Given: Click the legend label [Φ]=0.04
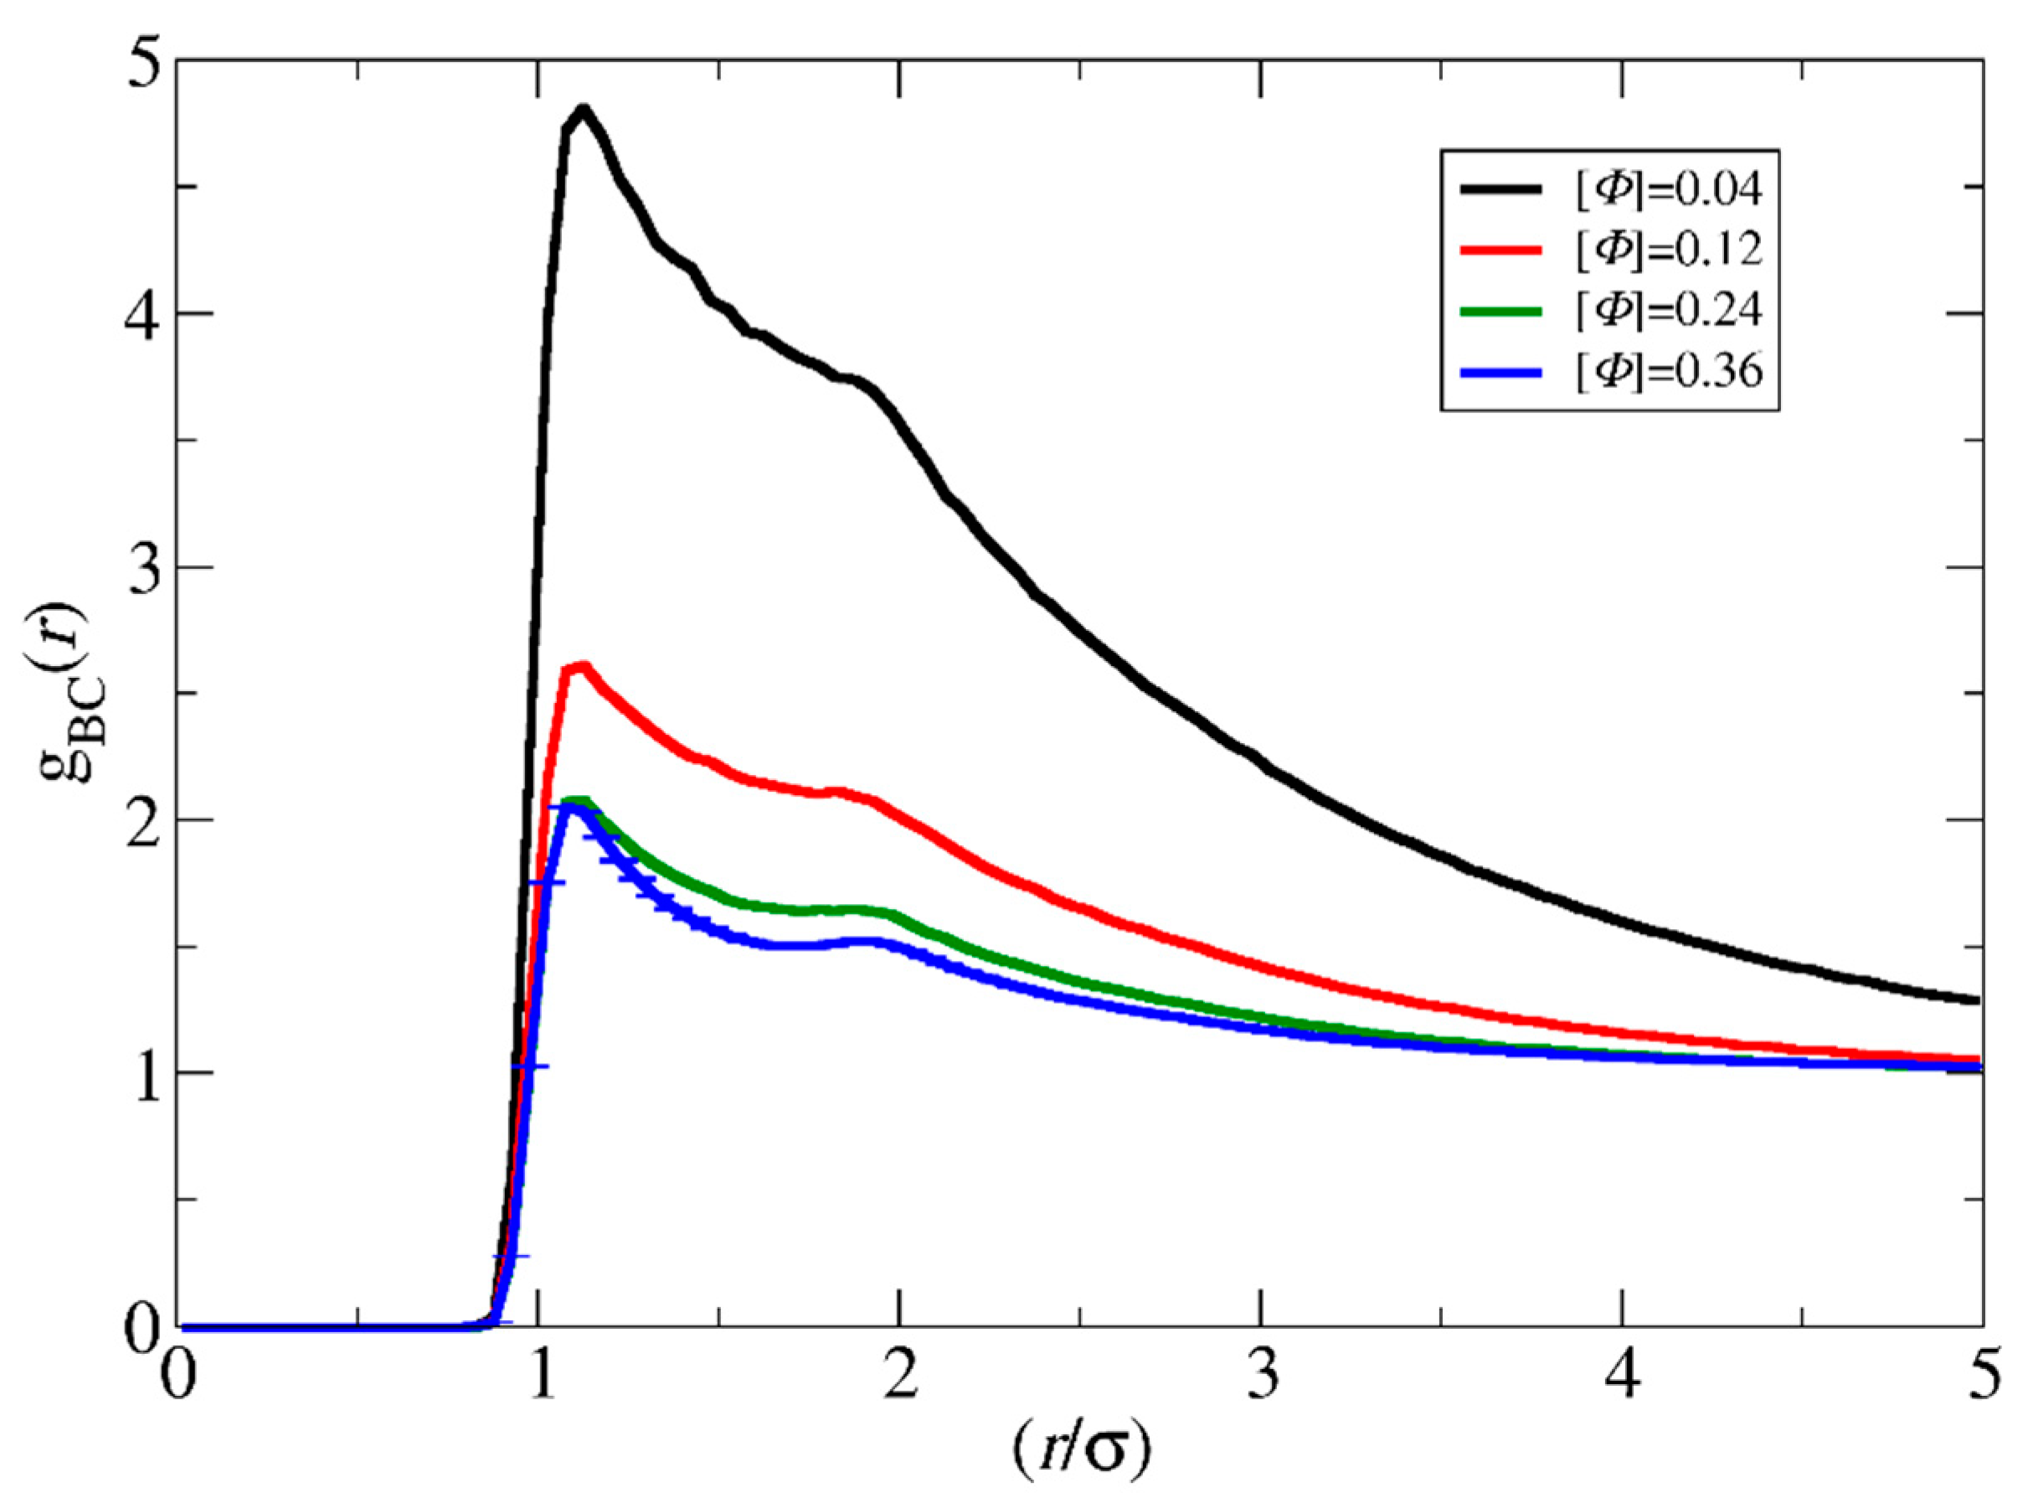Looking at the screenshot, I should (x=1670, y=190).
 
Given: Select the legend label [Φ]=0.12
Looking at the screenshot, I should (x=1670, y=251).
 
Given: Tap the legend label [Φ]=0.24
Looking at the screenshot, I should (x=1670, y=311).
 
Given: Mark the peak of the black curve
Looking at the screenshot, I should (x=584, y=111).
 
